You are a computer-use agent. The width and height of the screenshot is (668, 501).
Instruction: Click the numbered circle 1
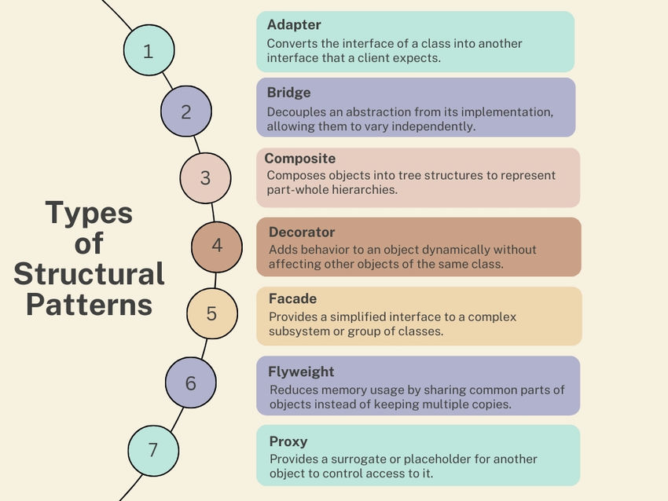click(x=149, y=51)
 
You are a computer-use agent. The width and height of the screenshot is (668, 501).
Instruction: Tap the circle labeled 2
click(x=185, y=112)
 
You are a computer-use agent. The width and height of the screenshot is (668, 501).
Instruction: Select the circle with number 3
click(x=205, y=177)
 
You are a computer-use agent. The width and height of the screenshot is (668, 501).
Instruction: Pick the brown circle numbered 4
click(x=217, y=245)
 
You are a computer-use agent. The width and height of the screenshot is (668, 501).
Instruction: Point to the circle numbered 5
click(x=211, y=313)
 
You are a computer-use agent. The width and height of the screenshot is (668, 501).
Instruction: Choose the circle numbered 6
click(x=191, y=383)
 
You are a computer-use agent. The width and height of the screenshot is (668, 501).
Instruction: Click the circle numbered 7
click(x=153, y=450)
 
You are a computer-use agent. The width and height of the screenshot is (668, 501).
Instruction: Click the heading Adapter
click(x=294, y=25)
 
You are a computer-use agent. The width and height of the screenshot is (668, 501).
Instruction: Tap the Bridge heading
click(x=289, y=93)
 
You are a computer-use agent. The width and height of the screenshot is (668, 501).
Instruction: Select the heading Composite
click(x=299, y=159)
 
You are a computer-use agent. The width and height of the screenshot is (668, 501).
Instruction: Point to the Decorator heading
click(x=302, y=232)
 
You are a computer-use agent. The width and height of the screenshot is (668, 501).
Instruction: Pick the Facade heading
click(x=294, y=299)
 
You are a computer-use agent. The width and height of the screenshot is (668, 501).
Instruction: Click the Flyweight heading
click(x=302, y=371)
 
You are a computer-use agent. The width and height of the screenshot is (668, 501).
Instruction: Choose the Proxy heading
click(x=288, y=441)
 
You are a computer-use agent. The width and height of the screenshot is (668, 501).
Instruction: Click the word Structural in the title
click(x=89, y=274)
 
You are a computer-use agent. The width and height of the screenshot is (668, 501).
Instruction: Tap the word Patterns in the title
click(x=89, y=305)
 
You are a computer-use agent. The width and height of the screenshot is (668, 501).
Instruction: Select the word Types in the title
click(x=89, y=213)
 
